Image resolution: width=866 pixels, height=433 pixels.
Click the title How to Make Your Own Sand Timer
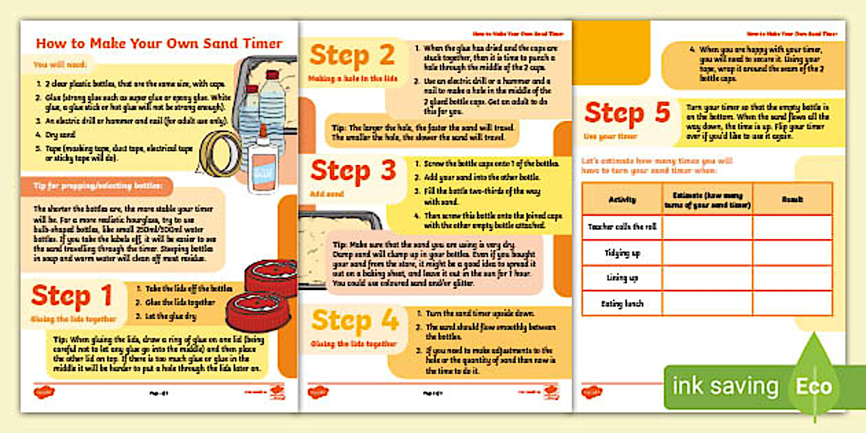click(x=159, y=43)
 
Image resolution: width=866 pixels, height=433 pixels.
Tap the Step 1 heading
click(x=71, y=296)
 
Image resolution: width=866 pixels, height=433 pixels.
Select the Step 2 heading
click(x=353, y=55)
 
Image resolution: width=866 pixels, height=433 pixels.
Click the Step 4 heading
click(x=355, y=320)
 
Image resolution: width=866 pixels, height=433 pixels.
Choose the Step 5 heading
click(x=627, y=113)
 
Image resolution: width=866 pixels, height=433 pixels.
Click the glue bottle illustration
click(x=262, y=159)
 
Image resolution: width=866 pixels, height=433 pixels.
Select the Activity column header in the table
click(x=622, y=199)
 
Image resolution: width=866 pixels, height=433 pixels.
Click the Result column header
click(x=792, y=199)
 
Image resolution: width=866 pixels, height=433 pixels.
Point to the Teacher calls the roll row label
click(x=622, y=227)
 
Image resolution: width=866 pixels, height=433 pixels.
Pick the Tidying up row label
click(x=622, y=253)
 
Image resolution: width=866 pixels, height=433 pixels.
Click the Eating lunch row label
click(x=622, y=303)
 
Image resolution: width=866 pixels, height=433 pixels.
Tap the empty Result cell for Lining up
click(x=792, y=278)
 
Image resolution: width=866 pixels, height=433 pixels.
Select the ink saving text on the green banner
click(x=725, y=386)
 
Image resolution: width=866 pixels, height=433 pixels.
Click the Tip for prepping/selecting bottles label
click(x=96, y=186)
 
